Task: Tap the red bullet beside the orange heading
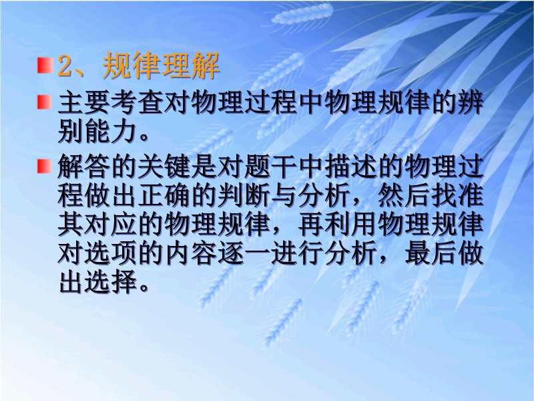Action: click(x=45, y=65)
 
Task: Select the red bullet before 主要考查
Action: click(x=45, y=102)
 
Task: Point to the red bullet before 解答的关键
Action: click(x=45, y=166)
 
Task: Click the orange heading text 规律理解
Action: click(x=161, y=65)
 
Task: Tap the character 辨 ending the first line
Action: click(x=471, y=103)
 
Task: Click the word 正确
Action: click(x=164, y=196)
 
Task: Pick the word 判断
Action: click(x=244, y=196)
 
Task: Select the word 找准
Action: click(x=457, y=196)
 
